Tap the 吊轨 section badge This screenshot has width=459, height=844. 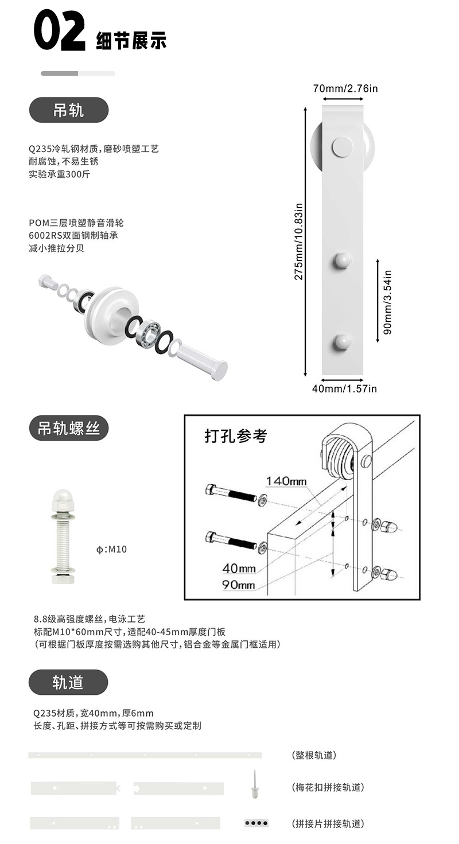click(69, 110)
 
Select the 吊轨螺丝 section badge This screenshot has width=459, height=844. click(69, 428)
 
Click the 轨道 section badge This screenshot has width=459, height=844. click(68, 682)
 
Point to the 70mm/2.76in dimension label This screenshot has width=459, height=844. click(345, 88)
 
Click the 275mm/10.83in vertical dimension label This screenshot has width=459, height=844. click(298, 242)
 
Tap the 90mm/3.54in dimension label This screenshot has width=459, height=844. click(387, 302)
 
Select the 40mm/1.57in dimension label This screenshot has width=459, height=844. click(344, 388)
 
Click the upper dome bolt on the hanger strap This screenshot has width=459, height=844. click(343, 260)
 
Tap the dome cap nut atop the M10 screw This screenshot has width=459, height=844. click(63, 500)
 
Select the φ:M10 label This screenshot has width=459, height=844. click(111, 549)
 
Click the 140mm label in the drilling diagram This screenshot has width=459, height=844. click(286, 481)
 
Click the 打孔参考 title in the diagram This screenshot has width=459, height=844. click(236, 436)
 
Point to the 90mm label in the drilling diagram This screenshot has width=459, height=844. click(239, 585)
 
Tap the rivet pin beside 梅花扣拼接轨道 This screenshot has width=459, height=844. click(255, 784)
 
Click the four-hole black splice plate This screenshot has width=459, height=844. click(256, 823)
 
